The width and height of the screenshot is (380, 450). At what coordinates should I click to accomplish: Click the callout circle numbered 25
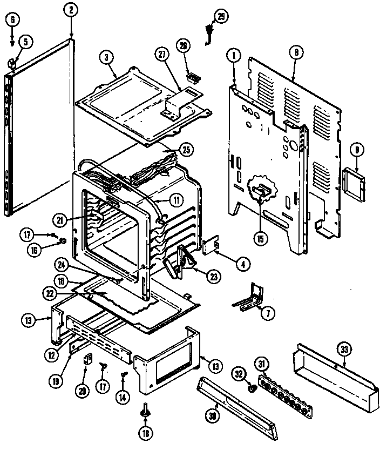186,149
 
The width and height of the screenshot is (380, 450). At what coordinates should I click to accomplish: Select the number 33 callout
343,348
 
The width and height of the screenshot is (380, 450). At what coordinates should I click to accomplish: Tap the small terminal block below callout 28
191,77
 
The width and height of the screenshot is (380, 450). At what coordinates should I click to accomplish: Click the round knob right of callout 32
252,388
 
